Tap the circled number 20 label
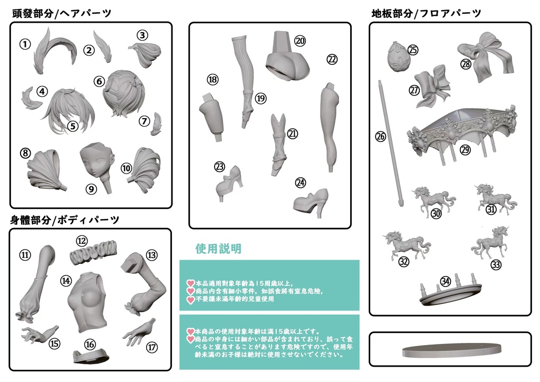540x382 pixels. point(300,41)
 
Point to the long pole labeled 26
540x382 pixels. point(390,142)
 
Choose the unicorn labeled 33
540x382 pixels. point(494,245)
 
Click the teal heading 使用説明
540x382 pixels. point(218,249)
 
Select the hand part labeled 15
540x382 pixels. point(37,334)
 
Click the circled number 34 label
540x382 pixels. point(446,281)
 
